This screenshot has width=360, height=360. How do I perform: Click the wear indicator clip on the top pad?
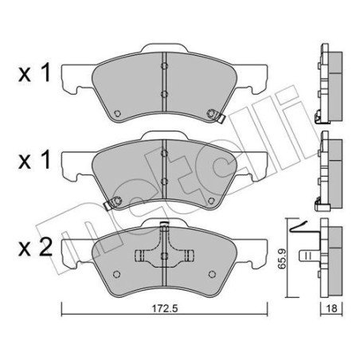[x=216, y=115]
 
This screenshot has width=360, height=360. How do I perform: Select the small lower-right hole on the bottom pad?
[x=209, y=275]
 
